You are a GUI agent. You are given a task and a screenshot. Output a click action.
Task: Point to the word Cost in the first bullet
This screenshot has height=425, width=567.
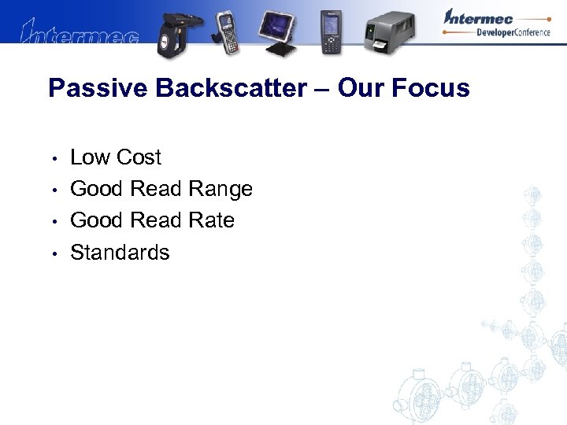(138, 157)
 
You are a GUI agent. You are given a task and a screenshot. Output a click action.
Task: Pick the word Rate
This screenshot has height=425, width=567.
(211, 220)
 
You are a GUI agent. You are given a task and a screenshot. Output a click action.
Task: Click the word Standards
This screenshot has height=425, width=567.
(120, 253)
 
